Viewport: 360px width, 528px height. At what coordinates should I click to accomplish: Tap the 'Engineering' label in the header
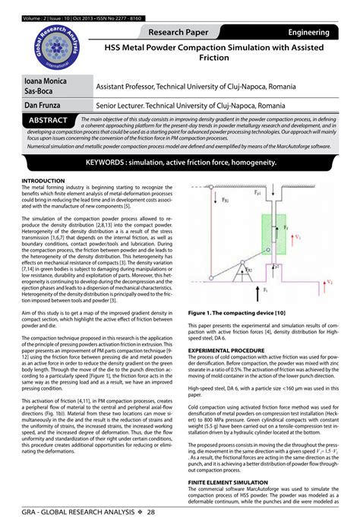tap(308, 33)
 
